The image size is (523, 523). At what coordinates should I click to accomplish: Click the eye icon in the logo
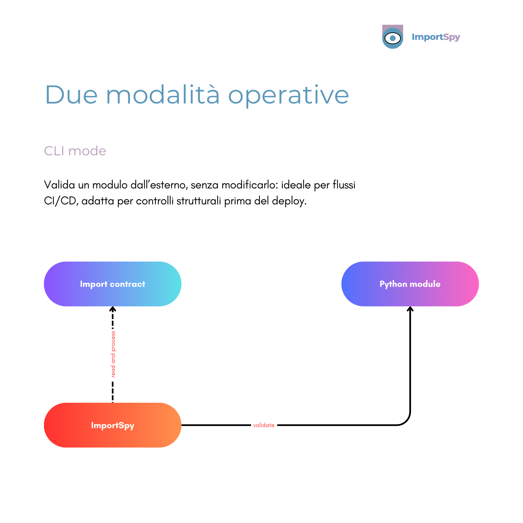[x=392, y=38]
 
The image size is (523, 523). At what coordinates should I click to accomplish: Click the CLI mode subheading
[x=75, y=151]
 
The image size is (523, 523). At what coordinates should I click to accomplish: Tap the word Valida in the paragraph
[x=59, y=185]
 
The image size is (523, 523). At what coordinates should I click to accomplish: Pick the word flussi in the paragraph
[x=344, y=185]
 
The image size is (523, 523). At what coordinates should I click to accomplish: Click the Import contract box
[x=113, y=284]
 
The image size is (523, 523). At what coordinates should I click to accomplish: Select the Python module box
[x=410, y=284]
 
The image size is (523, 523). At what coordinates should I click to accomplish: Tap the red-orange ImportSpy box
[x=113, y=425]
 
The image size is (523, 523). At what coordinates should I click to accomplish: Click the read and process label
[x=113, y=354]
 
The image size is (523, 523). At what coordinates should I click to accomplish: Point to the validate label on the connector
[x=264, y=425]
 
